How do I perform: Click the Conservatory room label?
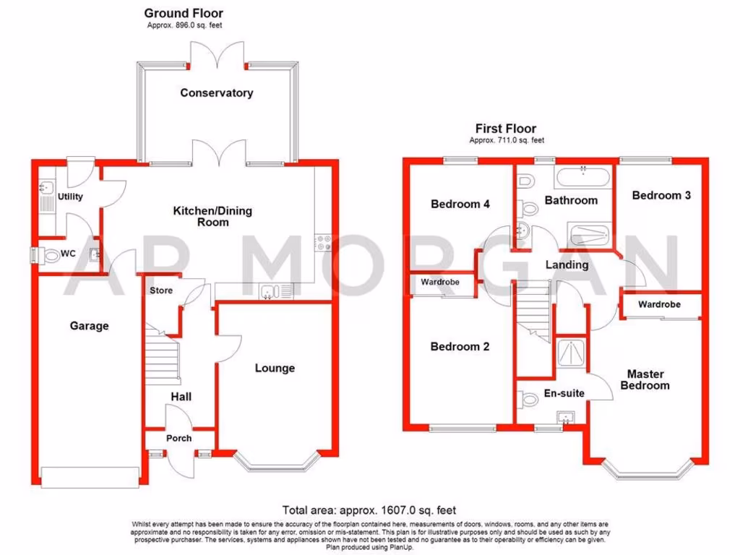coord(217,93)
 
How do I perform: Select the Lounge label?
coord(275,369)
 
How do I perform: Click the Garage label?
coord(89,326)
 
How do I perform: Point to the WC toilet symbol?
coord(52,255)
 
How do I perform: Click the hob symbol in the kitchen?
coord(322,244)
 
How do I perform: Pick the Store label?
coord(161,291)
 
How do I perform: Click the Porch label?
coord(179,439)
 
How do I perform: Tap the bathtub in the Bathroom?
coord(582,176)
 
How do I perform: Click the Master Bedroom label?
coord(645,380)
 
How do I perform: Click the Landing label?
coord(567,264)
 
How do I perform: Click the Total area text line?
coord(369,510)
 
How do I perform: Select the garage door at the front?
coord(90,476)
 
